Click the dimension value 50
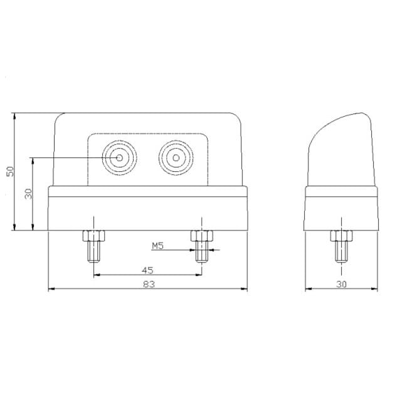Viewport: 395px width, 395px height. click(x=9, y=172)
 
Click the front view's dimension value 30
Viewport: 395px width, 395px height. click(x=28, y=193)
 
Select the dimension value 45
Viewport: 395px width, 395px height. click(x=147, y=270)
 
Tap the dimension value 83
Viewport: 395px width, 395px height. click(x=148, y=284)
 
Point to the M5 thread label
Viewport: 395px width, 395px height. click(x=157, y=246)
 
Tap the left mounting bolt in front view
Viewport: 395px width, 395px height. click(x=93, y=247)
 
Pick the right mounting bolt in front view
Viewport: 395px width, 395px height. click(x=201, y=247)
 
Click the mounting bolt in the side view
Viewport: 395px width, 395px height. click(x=340, y=246)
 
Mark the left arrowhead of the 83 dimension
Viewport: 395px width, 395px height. click(x=51, y=290)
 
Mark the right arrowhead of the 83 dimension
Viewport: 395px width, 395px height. click(x=245, y=290)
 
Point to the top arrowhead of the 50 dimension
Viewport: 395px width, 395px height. click(x=14, y=115)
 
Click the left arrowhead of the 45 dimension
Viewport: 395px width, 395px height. click(x=96, y=276)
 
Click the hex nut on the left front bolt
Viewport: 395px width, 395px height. click(x=93, y=236)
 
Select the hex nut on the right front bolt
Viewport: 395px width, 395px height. click(x=201, y=236)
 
